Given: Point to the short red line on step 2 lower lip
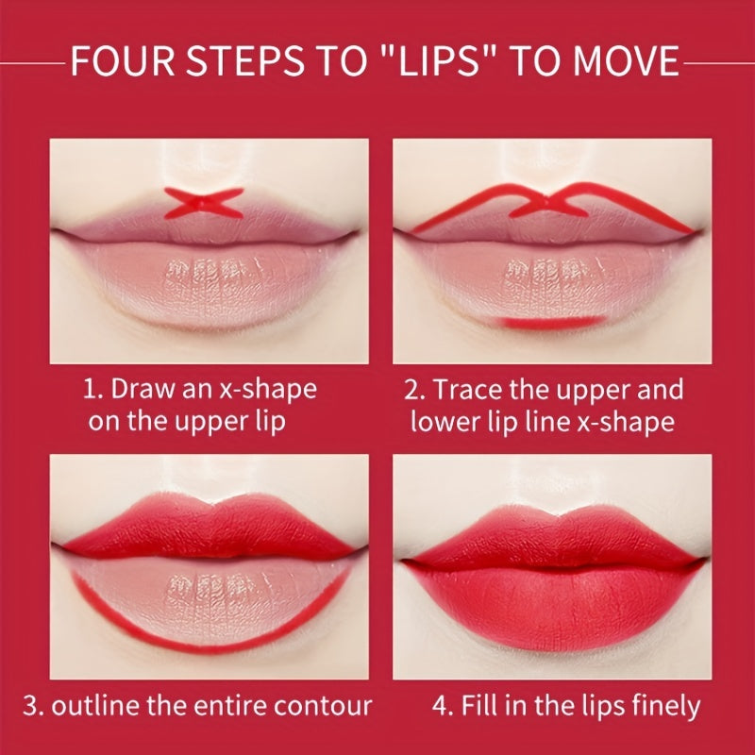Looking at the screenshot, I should pyautogui.click(x=551, y=323).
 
